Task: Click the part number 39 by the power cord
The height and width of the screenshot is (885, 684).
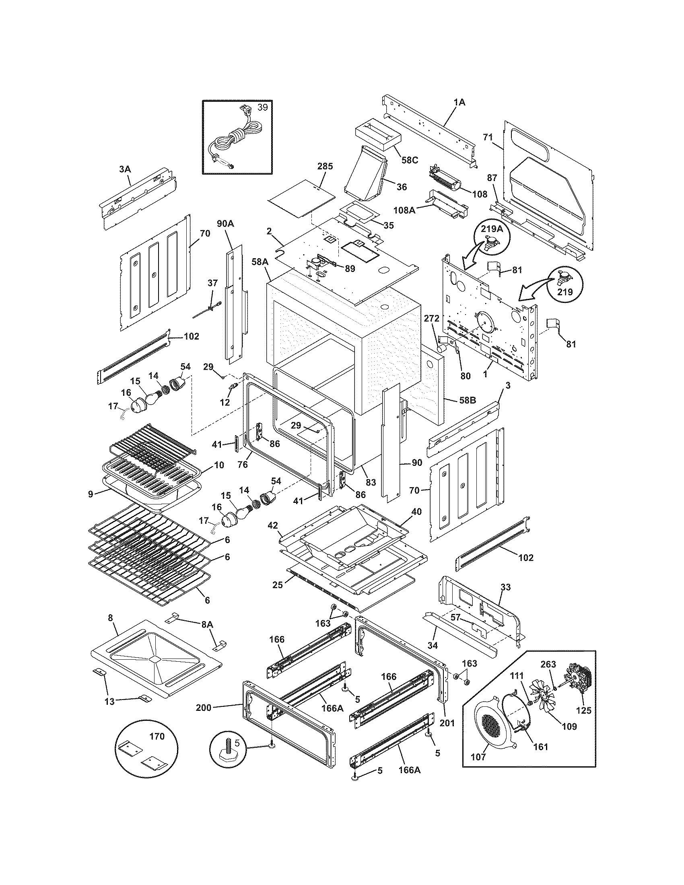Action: pyautogui.click(x=263, y=107)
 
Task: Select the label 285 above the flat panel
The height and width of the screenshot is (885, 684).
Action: pyautogui.click(x=325, y=166)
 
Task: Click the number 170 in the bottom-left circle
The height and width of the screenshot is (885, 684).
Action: pyautogui.click(x=157, y=736)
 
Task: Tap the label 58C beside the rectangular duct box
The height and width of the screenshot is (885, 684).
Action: pyautogui.click(x=410, y=160)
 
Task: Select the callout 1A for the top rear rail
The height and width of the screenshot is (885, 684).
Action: pyautogui.click(x=459, y=103)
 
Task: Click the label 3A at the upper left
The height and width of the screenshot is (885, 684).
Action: pyautogui.click(x=125, y=169)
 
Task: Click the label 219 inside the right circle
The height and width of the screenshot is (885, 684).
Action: pyautogui.click(x=565, y=292)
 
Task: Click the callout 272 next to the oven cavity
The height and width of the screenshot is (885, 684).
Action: pyautogui.click(x=432, y=319)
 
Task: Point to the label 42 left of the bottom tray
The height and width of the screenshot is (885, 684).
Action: pyautogui.click(x=273, y=526)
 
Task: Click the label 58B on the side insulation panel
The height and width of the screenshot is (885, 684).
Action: pyautogui.click(x=467, y=400)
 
